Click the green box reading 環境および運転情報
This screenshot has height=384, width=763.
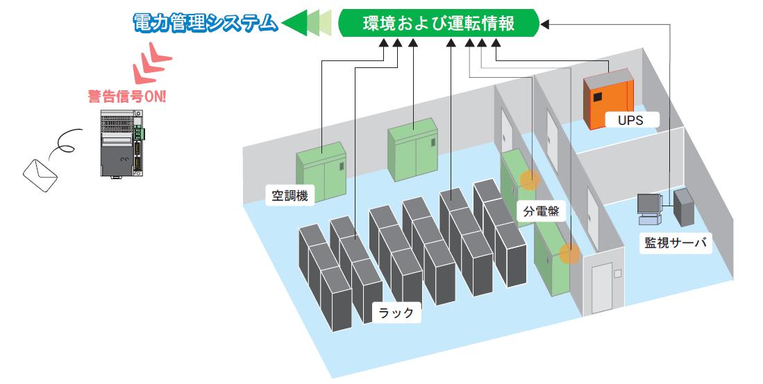click(439, 24)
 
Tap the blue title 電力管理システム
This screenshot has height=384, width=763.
click(206, 24)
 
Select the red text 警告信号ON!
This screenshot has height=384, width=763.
click(127, 97)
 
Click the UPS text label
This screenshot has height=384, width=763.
click(630, 119)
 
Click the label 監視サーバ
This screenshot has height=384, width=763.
click(676, 243)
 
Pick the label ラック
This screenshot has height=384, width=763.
click(398, 312)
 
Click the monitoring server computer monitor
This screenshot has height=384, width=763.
click(649, 206)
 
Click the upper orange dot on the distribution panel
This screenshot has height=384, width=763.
click(530, 180)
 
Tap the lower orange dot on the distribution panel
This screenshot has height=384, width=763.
click(570, 253)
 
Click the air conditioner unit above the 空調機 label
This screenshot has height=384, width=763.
click(321, 171)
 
